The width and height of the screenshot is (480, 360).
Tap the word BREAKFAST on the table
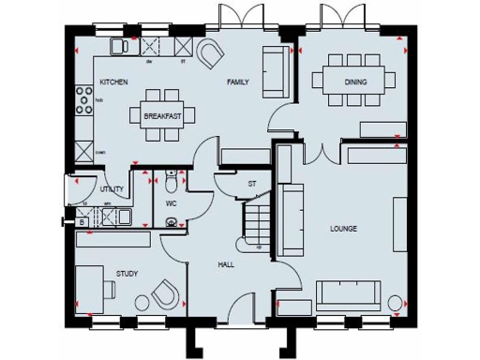pyautogui.click(x=161, y=116)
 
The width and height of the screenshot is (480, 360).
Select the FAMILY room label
pyautogui.click(x=238, y=82)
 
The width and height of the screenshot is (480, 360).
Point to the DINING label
pyautogui.click(x=355, y=82)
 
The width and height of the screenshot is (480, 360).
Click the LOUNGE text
pyautogui.click(x=344, y=229)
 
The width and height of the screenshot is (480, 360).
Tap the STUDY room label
pyautogui.click(x=127, y=274)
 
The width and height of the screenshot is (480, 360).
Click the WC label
pyautogui.click(x=172, y=202)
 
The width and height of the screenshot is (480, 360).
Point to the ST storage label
pyautogui.click(x=252, y=184)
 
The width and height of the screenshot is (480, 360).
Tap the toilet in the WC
pyautogui.click(x=169, y=222)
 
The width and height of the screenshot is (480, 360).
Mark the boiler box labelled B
pyautogui.click(x=82, y=220)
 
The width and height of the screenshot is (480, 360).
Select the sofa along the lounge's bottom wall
pyautogui.click(x=354, y=295)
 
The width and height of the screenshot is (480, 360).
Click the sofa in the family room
pyautogui.click(x=274, y=71)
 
